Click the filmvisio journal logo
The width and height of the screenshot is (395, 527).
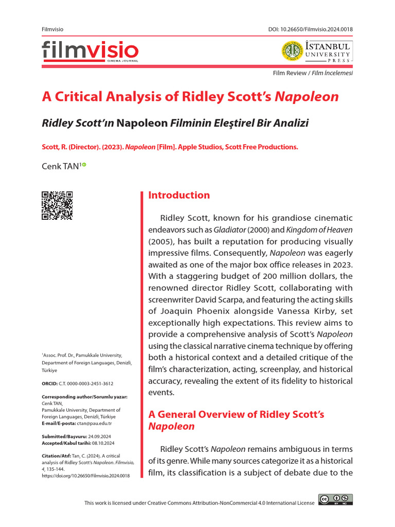tap(90, 51)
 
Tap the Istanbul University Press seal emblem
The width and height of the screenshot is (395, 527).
tap(291, 51)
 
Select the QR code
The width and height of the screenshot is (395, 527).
tap(57, 205)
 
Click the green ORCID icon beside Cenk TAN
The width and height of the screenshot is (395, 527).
tap(84, 165)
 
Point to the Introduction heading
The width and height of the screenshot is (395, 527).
tap(179, 195)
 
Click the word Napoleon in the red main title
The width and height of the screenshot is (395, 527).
tap(307, 97)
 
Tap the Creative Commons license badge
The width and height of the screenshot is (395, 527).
tap(335, 499)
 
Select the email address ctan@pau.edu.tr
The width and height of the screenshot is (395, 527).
tap(94, 423)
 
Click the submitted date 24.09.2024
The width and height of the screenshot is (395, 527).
tap(102, 436)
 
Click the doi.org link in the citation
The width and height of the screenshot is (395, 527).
tap(85, 476)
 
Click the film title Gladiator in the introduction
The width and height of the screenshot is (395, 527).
tap(244, 229)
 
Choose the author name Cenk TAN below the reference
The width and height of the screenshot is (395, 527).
tap(60, 166)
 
